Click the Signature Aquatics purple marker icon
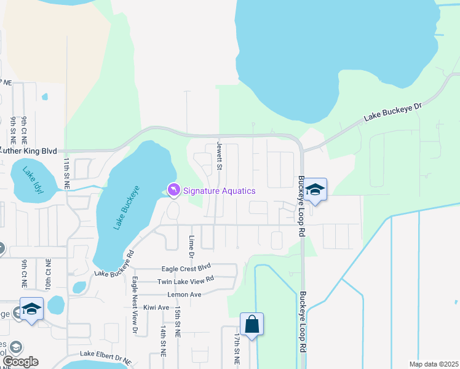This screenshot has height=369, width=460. (x=174, y=191)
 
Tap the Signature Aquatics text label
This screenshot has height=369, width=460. (x=219, y=191)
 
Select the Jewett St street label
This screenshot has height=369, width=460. (x=218, y=156)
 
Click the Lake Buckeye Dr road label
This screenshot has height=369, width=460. (x=393, y=111)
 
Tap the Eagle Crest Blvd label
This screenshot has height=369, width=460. (x=186, y=268)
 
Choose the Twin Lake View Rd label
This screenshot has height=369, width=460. (x=185, y=280)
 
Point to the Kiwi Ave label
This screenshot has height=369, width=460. (x=155, y=307)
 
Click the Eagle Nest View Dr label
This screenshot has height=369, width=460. (x=135, y=305)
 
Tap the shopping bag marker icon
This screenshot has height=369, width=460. (x=252, y=323)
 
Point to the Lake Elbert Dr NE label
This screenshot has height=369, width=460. (x=106, y=355)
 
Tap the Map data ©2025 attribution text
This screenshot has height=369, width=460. (x=433, y=364)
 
